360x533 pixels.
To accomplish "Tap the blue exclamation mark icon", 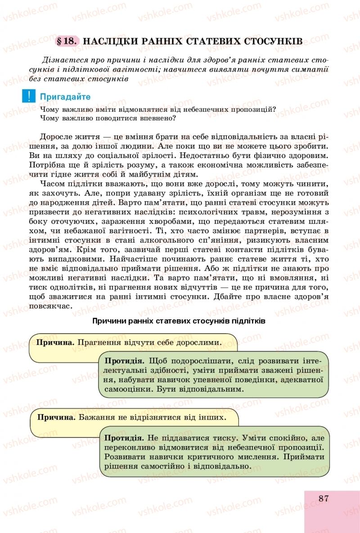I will [x=28, y=96].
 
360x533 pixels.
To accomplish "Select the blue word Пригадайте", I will [x=65, y=97].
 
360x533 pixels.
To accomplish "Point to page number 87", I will [x=325, y=498].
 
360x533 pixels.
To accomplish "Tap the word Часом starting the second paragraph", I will [x=53, y=184].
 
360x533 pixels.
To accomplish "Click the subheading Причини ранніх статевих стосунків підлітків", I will [x=179, y=321].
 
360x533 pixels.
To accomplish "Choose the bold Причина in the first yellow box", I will [x=55, y=342].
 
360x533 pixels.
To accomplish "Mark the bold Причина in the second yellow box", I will [x=56, y=417].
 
